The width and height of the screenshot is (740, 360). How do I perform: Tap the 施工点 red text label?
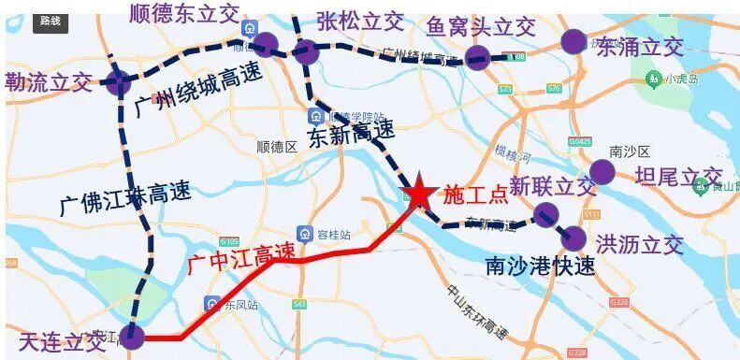[x=475, y=194]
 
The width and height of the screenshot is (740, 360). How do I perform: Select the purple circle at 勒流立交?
[x=117, y=82]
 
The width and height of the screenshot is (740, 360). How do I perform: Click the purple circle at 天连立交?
[x=133, y=337]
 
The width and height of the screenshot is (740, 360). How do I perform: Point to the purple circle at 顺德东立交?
[x=266, y=44]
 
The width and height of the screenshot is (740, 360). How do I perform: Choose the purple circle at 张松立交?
[x=306, y=51]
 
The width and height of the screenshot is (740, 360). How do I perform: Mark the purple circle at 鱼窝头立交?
[x=477, y=56]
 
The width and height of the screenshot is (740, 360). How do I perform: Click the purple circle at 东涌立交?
[x=573, y=41]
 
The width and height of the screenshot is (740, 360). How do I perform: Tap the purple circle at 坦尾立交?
[x=602, y=172]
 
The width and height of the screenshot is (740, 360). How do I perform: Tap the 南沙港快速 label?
[x=541, y=266]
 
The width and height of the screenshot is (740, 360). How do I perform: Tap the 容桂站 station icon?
[x=305, y=233]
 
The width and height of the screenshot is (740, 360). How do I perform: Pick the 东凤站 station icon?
[x=212, y=302]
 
